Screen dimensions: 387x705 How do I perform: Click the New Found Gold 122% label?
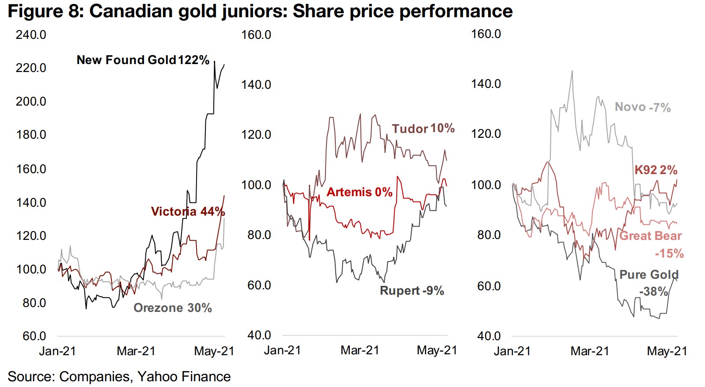coord(143,60)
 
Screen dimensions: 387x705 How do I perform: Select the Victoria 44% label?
coord(188,212)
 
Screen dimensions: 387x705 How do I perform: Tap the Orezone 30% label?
coord(173,308)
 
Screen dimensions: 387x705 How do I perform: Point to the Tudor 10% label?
coord(423,129)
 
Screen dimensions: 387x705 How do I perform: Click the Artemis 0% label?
coord(360,192)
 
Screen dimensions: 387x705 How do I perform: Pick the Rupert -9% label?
coord(412,291)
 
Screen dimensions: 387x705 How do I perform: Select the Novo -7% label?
coord(643,107)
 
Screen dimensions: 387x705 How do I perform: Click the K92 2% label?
coord(656,170)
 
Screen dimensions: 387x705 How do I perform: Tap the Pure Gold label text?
coord(649,275)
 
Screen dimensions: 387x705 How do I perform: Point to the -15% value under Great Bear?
coord(669,254)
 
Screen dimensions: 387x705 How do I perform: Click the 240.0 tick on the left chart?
coord(31,35)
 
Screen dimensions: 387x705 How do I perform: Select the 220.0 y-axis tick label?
coord(31,68)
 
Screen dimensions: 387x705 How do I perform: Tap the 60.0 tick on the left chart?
coord(34,336)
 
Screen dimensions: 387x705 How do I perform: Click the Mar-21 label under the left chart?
coord(136,351)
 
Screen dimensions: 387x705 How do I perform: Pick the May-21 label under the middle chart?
coord(437,350)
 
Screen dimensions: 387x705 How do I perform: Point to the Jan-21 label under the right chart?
coord(512,351)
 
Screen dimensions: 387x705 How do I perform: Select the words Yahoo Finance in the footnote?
coord(184,377)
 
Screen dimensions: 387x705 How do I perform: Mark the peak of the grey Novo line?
coord(572,71)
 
